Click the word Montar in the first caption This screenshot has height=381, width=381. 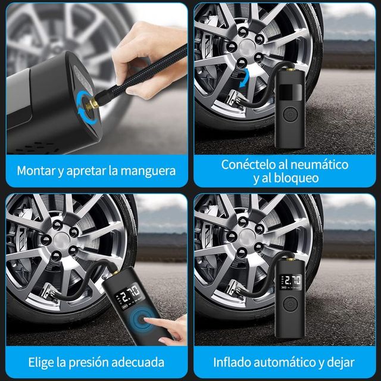36,171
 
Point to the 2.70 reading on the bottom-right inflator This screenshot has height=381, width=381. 291,280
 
